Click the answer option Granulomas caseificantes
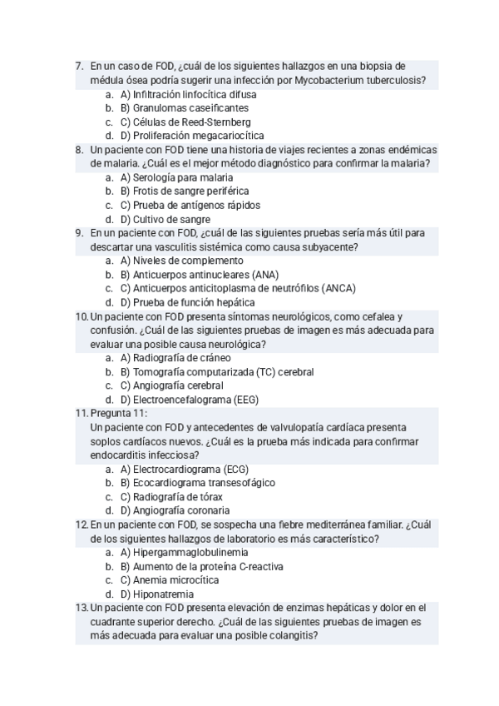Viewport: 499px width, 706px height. point(185,108)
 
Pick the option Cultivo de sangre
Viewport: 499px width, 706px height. point(165,219)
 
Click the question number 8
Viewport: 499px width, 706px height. point(79,150)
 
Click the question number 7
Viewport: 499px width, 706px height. point(79,67)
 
